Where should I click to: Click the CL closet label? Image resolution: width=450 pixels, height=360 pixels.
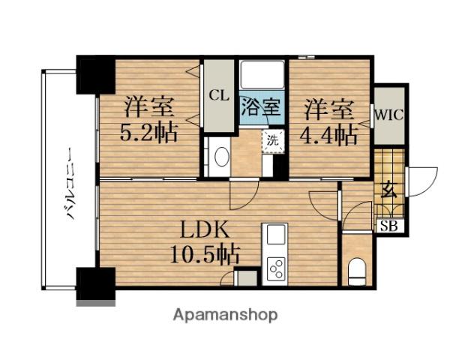click(x=218, y=95)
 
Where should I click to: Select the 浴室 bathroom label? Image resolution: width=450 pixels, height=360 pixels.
click(x=260, y=106)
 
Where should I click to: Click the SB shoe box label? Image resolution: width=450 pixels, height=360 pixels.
click(x=390, y=225)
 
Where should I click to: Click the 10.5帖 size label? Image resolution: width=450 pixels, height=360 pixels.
click(x=202, y=256)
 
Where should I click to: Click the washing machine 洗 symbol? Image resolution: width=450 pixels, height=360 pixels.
click(x=271, y=139)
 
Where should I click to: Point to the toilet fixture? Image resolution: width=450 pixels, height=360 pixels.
click(x=357, y=268)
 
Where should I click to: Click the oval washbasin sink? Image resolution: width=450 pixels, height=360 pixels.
click(x=221, y=157)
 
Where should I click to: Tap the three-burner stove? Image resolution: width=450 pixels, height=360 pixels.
click(x=276, y=268)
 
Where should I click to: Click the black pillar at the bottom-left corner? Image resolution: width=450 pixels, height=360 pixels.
click(x=94, y=283)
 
